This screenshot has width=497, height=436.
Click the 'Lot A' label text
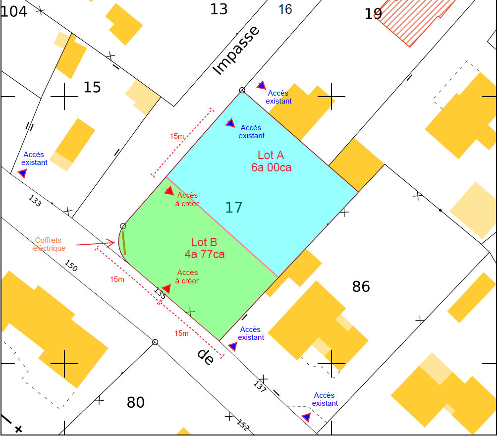[x=271, y=155]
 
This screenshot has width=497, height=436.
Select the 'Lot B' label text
[x=204, y=242]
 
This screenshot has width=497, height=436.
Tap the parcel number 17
[x=234, y=207]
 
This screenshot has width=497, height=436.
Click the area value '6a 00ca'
[x=271, y=167]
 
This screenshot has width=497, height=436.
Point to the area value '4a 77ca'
[x=205, y=254]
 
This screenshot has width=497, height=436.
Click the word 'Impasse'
[x=236, y=51]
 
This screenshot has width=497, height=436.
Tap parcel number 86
[x=361, y=286]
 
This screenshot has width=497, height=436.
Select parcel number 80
[x=135, y=402]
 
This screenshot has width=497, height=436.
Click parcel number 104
[x=14, y=11]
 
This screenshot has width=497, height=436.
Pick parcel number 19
[x=373, y=14]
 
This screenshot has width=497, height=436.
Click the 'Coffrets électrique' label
[x=49, y=244]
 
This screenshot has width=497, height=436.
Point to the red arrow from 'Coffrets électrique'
[x=95, y=243]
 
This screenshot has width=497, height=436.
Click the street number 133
[x=35, y=201]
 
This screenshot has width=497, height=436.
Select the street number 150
[x=71, y=266]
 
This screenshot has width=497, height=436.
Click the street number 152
[x=243, y=425]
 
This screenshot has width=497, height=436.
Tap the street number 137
[x=260, y=386]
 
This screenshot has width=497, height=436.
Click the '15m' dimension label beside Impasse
[x=177, y=136]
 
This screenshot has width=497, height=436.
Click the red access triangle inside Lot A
[x=230, y=122]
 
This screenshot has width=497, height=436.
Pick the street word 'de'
[x=205, y=356]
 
